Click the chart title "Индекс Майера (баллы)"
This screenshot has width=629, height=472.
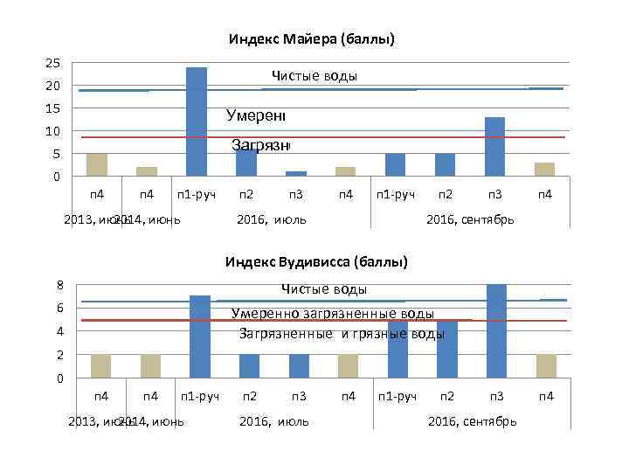[x=312, y=39]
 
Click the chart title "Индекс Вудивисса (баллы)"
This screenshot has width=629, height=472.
[x=315, y=261]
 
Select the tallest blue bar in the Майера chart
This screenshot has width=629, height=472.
[x=197, y=121]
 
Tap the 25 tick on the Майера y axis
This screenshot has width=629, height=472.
[x=53, y=64]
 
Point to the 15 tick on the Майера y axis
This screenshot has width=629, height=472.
[x=53, y=108]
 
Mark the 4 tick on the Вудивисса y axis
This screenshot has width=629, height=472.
[x=59, y=331]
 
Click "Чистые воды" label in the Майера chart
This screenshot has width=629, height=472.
[x=314, y=76]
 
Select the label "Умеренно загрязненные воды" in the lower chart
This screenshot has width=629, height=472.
[x=332, y=314]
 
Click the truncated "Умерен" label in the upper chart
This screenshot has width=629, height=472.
[x=256, y=115]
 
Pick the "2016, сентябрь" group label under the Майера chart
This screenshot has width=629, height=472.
[x=470, y=219]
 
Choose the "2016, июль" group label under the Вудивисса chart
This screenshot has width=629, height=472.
[x=273, y=421]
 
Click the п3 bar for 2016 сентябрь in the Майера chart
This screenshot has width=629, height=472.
[x=494, y=146]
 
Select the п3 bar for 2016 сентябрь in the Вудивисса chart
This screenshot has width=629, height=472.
[x=496, y=331]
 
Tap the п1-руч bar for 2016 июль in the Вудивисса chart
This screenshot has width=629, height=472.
[x=200, y=337]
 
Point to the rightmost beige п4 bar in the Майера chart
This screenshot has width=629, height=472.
[x=544, y=169]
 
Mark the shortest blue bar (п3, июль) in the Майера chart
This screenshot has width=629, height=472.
[x=296, y=173]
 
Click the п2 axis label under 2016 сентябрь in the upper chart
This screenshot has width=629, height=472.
[x=445, y=193]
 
